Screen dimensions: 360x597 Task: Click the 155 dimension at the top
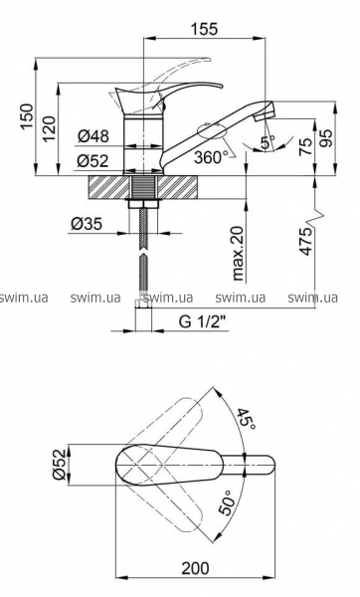[x=205, y=29]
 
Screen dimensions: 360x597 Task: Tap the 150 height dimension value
[x=28, y=116]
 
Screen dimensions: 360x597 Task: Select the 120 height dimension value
[x=50, y=128]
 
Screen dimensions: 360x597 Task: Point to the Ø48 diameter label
[x=93, y=135]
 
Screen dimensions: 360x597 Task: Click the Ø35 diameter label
[x=87, y=224]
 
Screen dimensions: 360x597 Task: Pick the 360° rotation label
[x=211, y=157]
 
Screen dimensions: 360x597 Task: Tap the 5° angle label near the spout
[x=268, y=142]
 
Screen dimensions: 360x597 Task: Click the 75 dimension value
[x=305, y=146]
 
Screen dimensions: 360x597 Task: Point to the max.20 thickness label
[x=238, y=253]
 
